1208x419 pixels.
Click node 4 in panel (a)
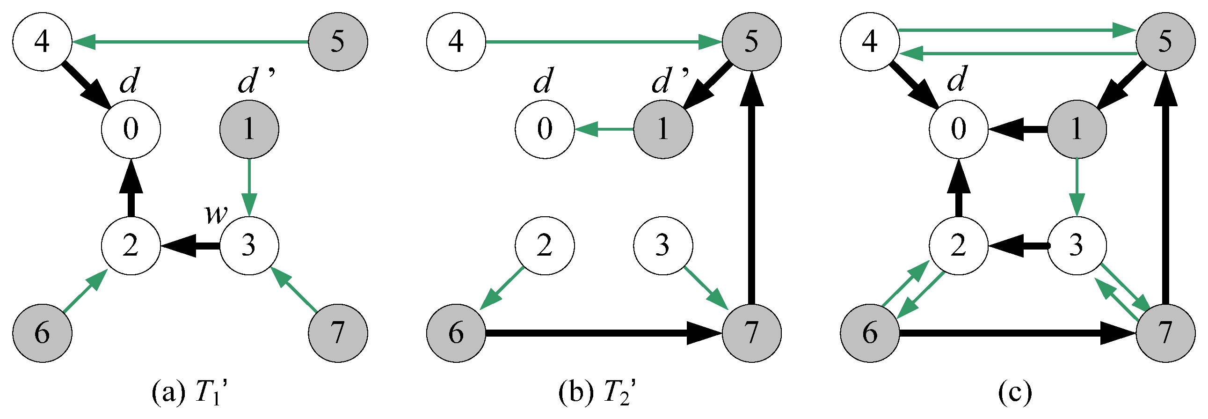[42, 42]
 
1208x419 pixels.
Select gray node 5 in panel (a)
[338, 42]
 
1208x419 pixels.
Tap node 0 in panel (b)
[545, 129]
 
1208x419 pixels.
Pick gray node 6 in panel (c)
[870, 333]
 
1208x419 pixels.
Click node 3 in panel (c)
[1077, 245]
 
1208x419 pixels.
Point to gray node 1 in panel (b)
[662, 129]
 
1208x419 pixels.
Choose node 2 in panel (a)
[131, 245]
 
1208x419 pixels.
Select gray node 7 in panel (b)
[752, 333]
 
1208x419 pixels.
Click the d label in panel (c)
[957, 79]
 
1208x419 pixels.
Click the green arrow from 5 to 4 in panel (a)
[190, 42]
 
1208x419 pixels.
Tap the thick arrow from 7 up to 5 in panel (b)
[752, 188]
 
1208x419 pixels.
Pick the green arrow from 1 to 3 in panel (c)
[1077, 188]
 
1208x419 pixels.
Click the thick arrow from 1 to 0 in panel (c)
[1018, 129]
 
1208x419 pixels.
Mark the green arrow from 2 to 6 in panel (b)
[502, 288]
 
